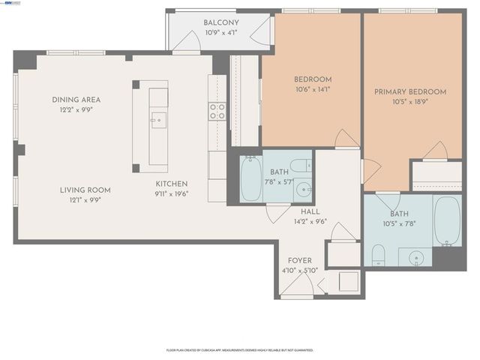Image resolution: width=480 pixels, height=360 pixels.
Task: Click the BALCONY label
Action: coord(221,22)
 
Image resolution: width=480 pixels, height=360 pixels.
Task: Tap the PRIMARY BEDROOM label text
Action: coord(410,92)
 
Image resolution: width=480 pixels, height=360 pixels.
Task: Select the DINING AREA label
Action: coord(76,99)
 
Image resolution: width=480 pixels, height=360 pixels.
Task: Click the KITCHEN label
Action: coord(172,184)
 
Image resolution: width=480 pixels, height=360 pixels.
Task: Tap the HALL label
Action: coord(300,211)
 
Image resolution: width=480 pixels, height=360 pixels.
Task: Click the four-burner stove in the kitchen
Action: coord(217,112)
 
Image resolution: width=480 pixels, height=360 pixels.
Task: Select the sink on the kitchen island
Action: coord(158,118)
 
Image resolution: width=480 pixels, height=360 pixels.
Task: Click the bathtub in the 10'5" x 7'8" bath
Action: coord(448,222)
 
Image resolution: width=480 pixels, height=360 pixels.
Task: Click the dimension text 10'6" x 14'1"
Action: coord(311,89)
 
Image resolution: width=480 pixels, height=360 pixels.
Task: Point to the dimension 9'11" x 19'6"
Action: coord(172,194)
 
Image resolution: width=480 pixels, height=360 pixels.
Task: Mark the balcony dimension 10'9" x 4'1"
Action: coord(221,33)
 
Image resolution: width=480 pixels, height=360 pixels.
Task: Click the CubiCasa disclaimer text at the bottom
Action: coord(240,349)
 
